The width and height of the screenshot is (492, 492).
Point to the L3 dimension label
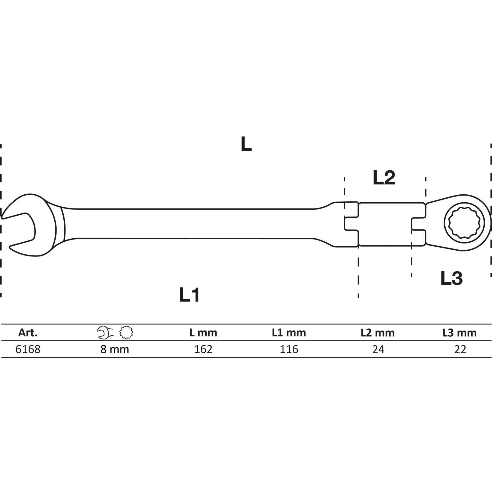[x=451, y=278]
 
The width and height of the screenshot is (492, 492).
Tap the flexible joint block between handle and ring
[x=385, y=224]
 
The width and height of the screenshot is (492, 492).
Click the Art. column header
[x=28, y=332]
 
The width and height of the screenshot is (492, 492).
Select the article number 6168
[x=28, y=349]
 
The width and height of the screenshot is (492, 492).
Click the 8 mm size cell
[x=115, y=349]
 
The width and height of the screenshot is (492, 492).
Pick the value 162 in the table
[x=203, y=349]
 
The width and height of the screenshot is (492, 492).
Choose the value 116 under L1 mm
[x=289, y=349]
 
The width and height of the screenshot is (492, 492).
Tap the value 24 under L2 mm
[x=378, y=349]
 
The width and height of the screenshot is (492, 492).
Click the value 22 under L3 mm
[x=460, y=349]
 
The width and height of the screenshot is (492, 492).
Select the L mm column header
[x=203, y=332]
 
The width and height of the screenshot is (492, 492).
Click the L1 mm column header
[x=289, y=332]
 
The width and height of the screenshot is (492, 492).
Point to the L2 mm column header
[x=378, y=332]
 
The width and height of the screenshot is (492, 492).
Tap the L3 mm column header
[x=460, y=332]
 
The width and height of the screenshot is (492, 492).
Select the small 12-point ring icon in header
[x=126, y=332]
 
